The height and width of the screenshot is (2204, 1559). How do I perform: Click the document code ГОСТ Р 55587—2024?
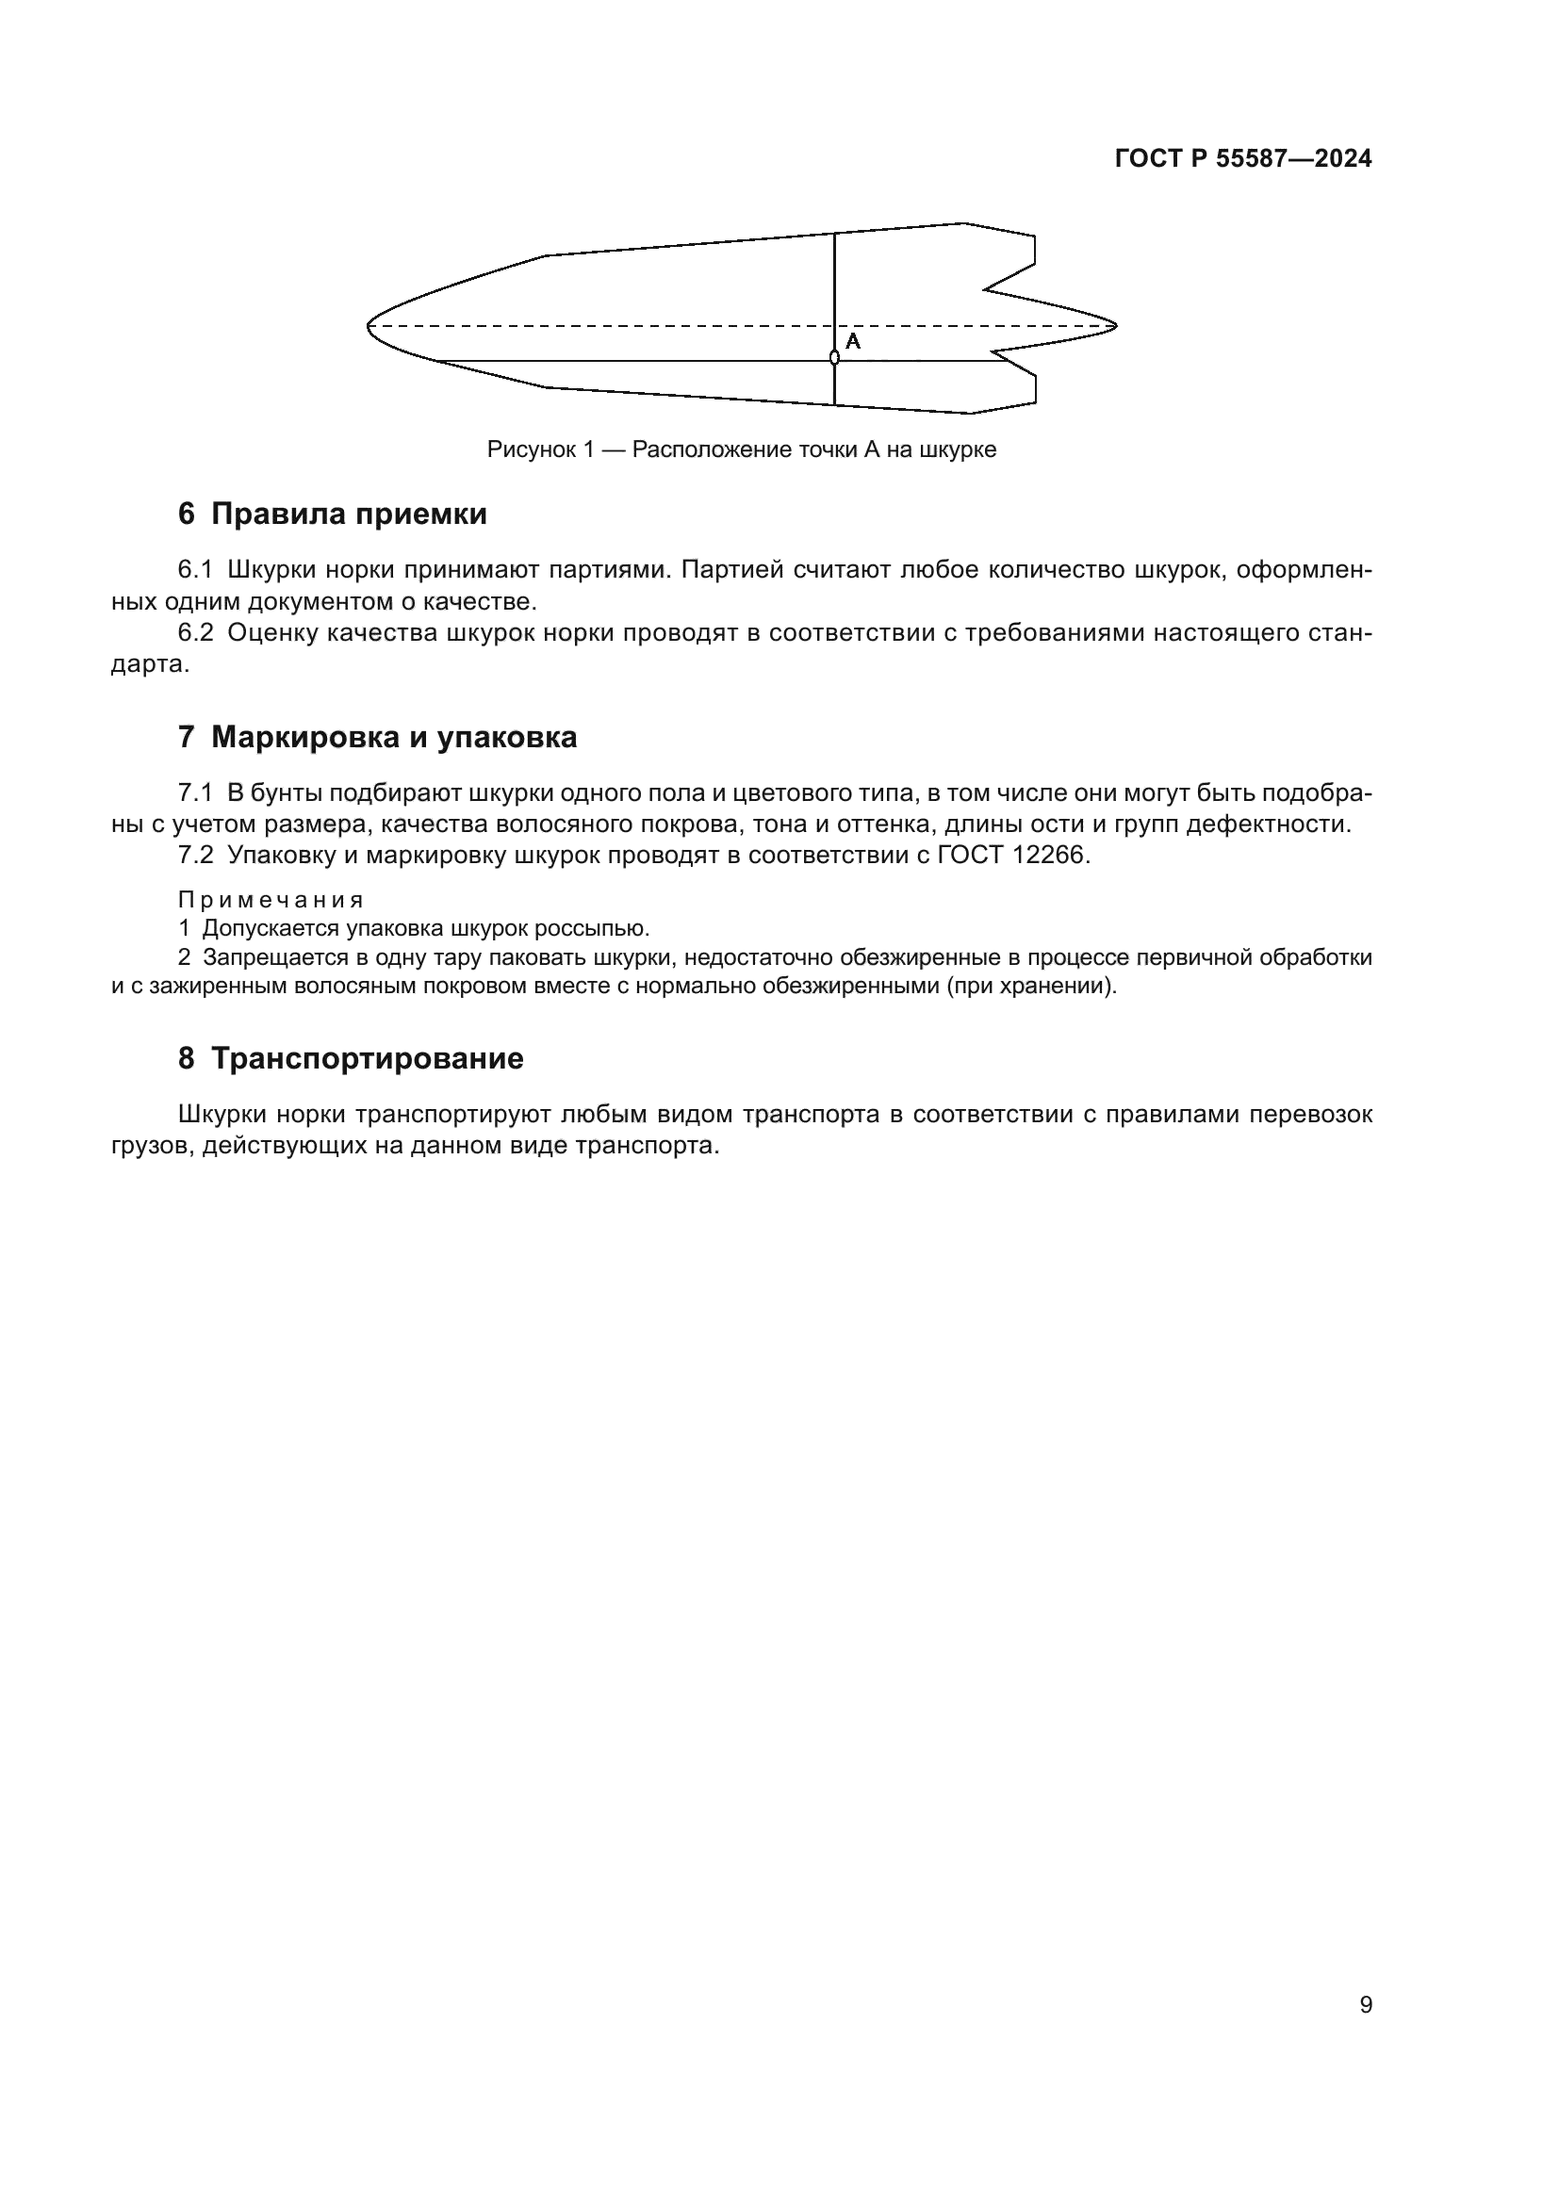(1243, 159)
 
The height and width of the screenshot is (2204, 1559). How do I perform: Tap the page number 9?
(1366, 2005)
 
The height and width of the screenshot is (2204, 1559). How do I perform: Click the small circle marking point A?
(834, 358)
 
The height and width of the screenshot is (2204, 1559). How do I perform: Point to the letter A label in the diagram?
(852, 342)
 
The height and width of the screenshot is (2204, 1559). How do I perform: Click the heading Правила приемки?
(349, 514)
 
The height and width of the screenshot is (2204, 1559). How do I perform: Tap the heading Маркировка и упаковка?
(394, 737)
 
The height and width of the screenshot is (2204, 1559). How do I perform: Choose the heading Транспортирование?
(367, 1059)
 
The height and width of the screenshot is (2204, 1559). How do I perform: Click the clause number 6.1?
(195, 570)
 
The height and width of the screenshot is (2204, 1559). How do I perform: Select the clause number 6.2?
(195, 633)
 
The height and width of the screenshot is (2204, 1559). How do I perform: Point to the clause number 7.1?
(195, 792)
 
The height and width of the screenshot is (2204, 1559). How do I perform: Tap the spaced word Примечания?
(271, 901)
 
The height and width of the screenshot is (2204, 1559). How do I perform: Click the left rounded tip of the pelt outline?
(369, 326)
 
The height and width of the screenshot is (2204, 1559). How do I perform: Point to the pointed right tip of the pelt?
(1114, 325)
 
